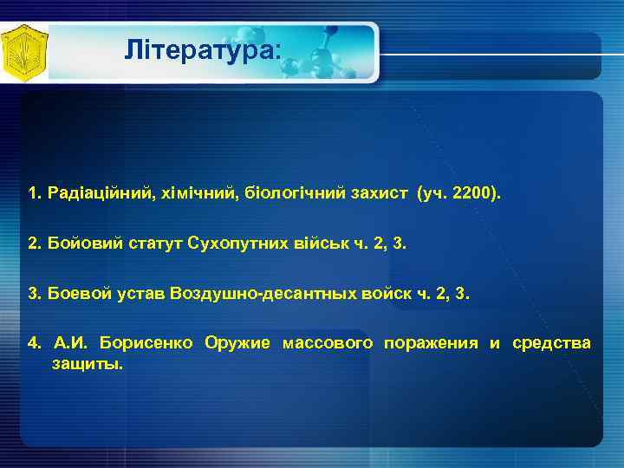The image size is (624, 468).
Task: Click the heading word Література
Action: click(202, 50)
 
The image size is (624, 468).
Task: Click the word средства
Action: click(551, 343)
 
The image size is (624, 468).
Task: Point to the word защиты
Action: click(88, 364)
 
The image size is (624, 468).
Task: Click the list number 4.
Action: click(33, 343)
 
